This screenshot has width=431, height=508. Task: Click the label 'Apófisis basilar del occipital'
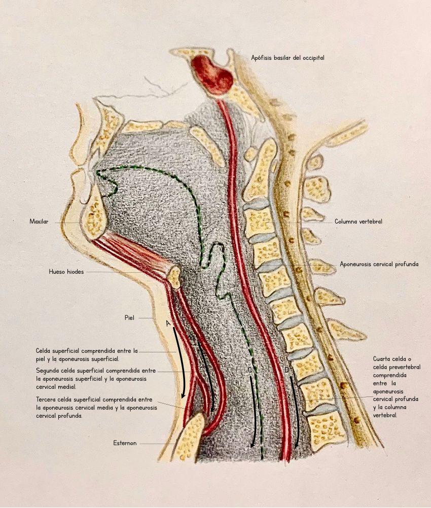[288, 58]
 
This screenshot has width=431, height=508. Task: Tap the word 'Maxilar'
[40, 222]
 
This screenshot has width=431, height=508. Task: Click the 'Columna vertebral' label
[358, 222]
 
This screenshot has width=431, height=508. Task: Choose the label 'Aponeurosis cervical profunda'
[379, 264]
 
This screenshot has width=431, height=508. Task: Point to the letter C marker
[250, 371]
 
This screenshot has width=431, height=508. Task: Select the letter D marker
[286, 371]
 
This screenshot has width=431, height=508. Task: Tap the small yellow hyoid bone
[174, 277]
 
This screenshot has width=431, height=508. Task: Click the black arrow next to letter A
[180, 362]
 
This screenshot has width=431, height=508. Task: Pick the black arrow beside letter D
[295, 401]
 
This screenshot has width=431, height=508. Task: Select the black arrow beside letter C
[252, 411]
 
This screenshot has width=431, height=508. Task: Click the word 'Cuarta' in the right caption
[384, 359]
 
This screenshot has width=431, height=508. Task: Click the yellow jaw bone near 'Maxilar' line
[95, 218]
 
